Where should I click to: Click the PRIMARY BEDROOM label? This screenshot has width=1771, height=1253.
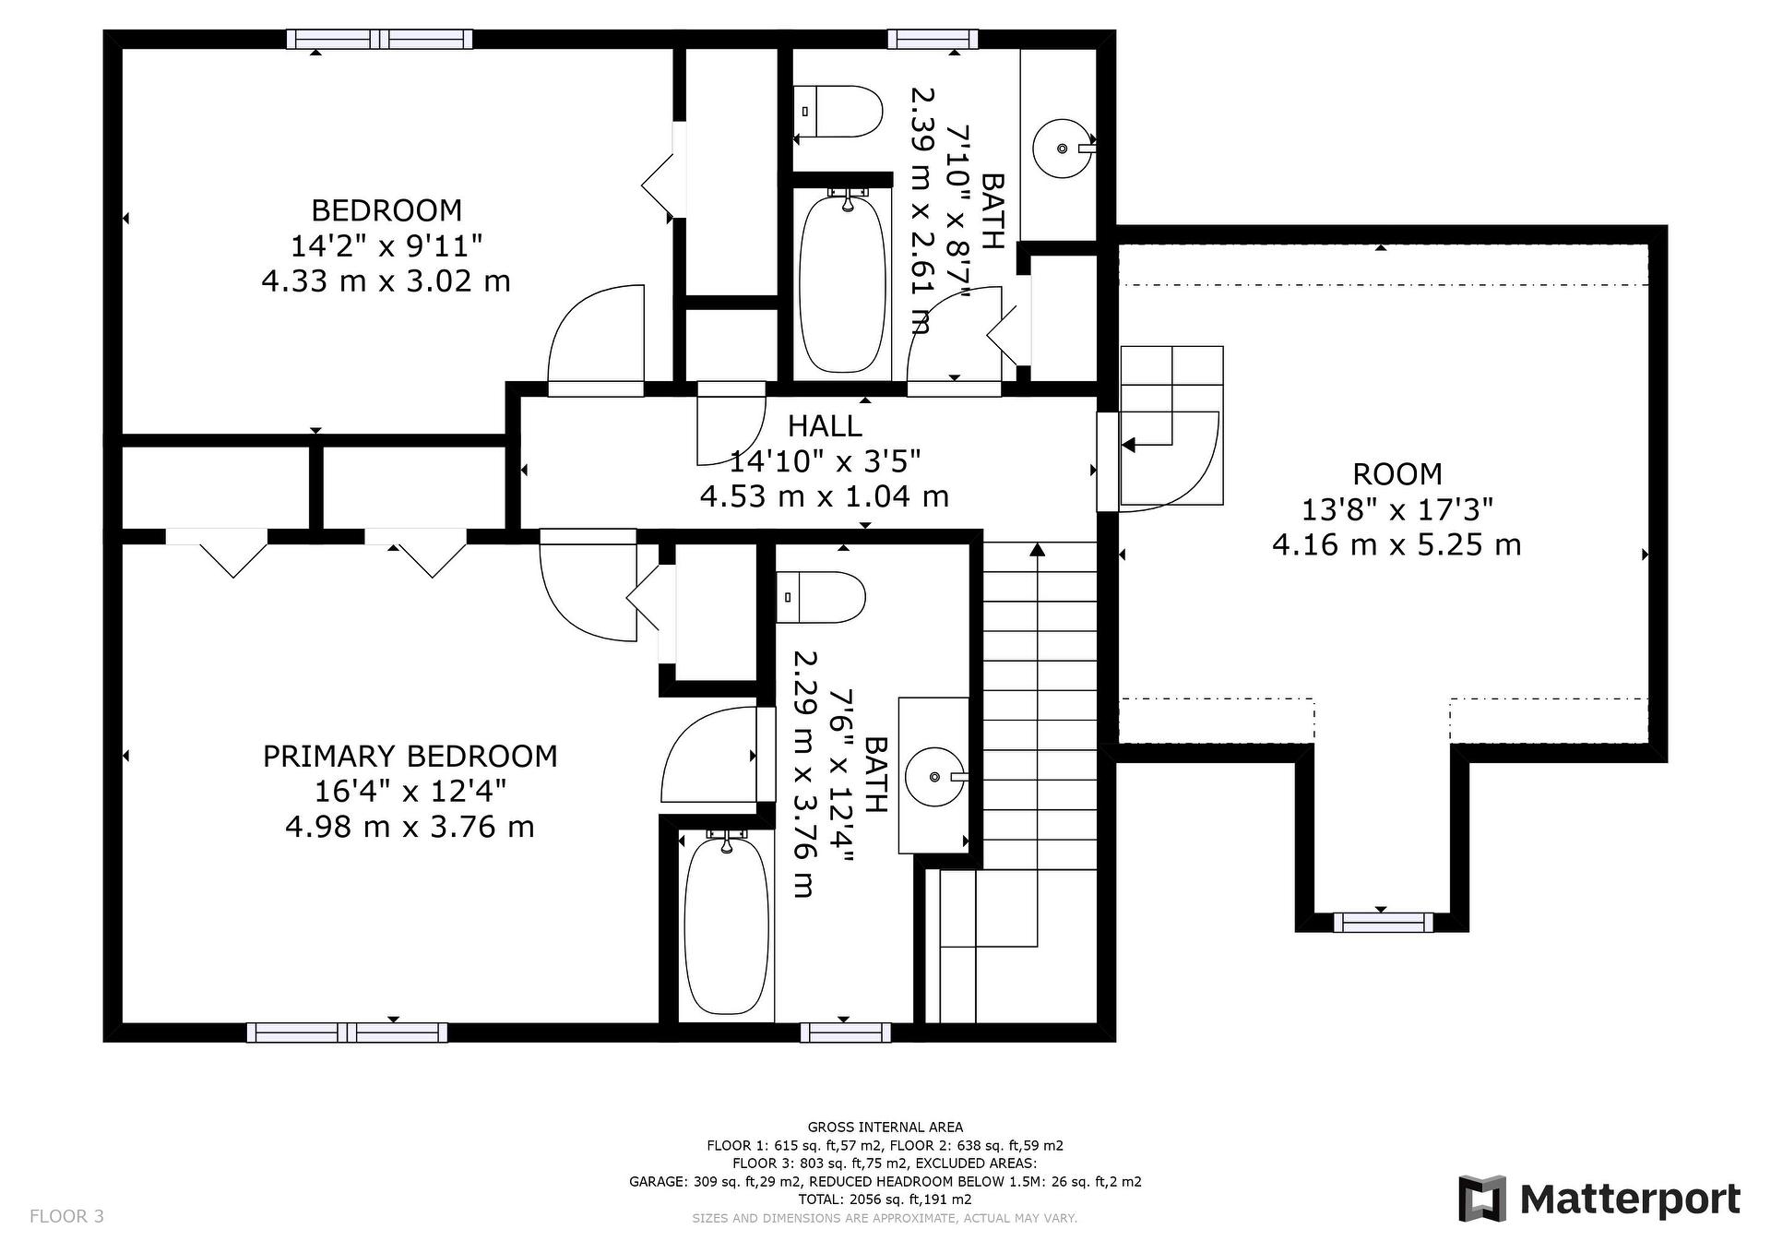click(x=410, y=757)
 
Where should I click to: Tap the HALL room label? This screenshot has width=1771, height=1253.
click(x=825, y=425)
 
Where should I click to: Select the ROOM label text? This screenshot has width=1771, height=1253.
click(x=1397, y=474)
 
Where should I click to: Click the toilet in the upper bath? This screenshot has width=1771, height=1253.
click(x=838, y=112)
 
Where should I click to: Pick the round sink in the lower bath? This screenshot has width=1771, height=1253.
click(x=935, y=777)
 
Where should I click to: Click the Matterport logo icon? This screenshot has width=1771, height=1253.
click(x=1482, y=1199)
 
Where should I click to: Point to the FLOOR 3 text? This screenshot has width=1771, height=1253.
click(x=66, y=1216)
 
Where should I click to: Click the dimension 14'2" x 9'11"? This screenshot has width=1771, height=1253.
click(x=386, y=246)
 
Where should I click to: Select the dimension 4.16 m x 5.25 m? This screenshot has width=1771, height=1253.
click(x=1397, y=544)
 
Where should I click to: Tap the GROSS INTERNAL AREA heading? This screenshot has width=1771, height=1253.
click(x=885, y=1127)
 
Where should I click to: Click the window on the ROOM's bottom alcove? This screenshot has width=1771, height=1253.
click(x=1383, y=922)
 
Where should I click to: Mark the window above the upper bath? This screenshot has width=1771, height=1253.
click(x=933, y=39)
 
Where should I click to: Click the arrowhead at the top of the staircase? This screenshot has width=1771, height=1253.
click(x=1037, y=550)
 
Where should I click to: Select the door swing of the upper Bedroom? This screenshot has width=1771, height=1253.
click(x=595, y=337)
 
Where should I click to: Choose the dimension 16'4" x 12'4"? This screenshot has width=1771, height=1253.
click(x=410, y=792)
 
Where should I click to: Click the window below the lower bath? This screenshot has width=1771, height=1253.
click(x=846, y=1032)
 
